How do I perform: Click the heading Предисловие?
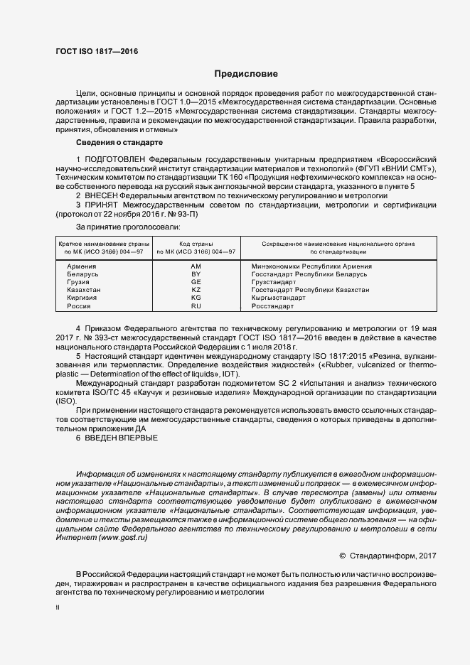[246, 74]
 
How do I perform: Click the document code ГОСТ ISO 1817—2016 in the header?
[97, 52]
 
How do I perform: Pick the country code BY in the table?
[197, 274]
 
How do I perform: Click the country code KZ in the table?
[197, 290]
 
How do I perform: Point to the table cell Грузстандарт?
[274, 282]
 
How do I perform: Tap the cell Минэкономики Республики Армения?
[311, 266]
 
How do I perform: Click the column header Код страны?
[196, 244]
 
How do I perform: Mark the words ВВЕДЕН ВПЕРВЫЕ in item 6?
[122, 438]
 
